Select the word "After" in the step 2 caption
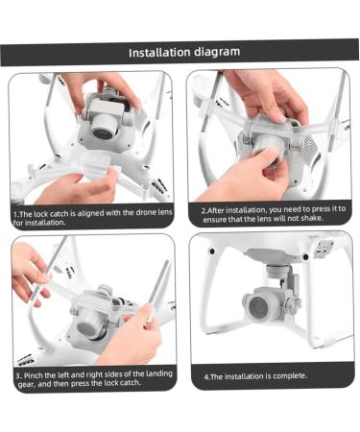tap(219, 208)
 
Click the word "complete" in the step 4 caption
tap(287, 376)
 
